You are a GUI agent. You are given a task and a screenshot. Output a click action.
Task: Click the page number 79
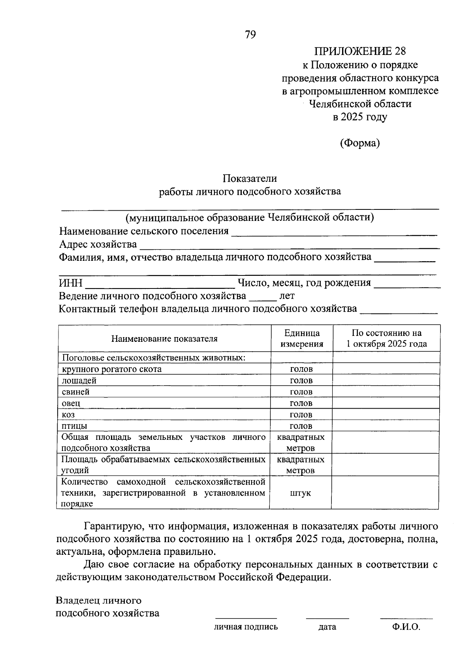click(250, 35)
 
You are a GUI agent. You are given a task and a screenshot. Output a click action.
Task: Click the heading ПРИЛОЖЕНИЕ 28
click(360, 51)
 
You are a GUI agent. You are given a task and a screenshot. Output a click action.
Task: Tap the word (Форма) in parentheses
click(360, 143)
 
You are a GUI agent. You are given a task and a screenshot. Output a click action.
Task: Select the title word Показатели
click(250, 179)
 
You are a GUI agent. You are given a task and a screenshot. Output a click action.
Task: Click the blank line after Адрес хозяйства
click(290, 246)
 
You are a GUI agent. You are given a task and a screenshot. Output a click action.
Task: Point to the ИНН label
click(71, 283)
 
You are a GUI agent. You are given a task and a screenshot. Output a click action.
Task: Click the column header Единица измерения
click(302, 338)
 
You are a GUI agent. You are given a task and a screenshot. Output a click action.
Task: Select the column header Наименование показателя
click(164, 339)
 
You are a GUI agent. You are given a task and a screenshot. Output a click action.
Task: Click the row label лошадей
click(79, 381)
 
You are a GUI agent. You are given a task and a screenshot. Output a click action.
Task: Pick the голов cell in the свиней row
click(301, 392)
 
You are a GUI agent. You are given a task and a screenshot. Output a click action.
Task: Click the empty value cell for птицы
click(386, 426)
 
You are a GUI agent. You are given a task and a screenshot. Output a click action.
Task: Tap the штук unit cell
click(300, 493)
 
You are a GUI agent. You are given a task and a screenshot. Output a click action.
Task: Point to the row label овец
click(71, 403)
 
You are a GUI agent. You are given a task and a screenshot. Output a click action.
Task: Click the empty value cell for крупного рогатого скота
click(386, 369)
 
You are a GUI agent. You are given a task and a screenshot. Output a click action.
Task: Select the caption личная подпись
click(246, 627)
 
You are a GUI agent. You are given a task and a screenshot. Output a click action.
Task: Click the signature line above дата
click(327, 617)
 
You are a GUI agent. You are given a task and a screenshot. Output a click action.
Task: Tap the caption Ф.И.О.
click(406, 627)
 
